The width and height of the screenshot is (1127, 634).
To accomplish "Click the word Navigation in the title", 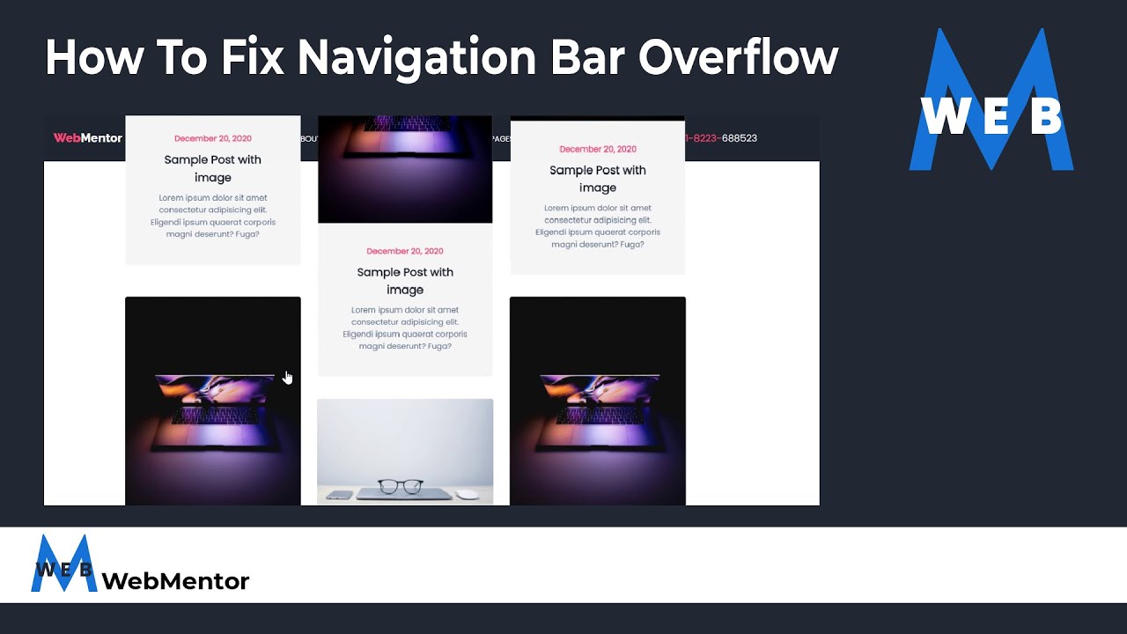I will (x=416, y=59).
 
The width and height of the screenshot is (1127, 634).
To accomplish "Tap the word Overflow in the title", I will (x=738, y=59).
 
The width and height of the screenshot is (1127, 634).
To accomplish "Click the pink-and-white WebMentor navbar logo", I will (x=87, y=138).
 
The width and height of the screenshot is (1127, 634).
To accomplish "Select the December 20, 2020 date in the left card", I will (x=213, y=138).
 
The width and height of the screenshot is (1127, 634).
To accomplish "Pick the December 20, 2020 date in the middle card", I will (x=405, y=251).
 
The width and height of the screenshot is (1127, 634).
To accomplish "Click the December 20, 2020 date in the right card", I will (x=598, y=149).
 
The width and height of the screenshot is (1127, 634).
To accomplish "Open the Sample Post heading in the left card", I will (x=213, y=168).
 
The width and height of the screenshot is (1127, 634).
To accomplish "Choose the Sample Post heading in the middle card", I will (x=405, y=280).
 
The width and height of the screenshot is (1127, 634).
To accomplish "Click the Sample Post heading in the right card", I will (x=598, y=179).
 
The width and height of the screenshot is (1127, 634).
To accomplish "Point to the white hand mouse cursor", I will (x=287, y=377).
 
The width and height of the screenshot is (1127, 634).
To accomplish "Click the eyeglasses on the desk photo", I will (x=400, y=486).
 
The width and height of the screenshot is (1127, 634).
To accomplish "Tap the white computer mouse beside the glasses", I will (x=468, y=494).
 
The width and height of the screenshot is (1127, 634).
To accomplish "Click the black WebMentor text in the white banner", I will (x=175, y=581).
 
